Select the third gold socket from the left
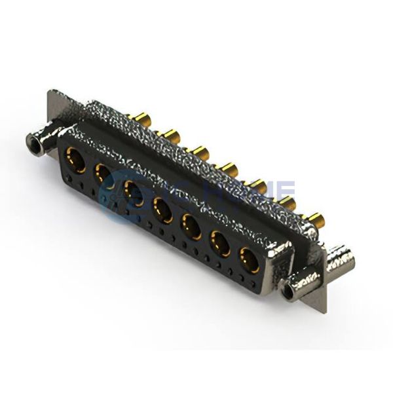coord(134,193)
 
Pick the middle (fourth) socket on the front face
coord(162,210)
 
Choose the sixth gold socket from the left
coord(220,244)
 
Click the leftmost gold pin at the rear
coord(141,120)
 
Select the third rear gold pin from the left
coord(199,153)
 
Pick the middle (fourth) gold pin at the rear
coord(229,170)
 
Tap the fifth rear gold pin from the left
coord(257,187)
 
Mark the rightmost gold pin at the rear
coord(313,219)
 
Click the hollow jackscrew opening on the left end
coord(31,142)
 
